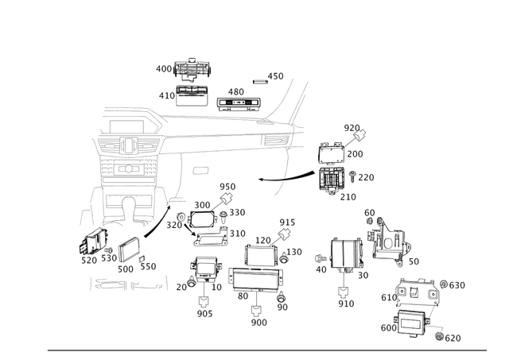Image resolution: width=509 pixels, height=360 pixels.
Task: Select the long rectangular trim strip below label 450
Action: [236, 103]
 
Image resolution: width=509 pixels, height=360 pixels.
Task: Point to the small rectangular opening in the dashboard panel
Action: [202, 169]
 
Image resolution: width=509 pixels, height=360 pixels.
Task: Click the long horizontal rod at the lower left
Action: [127, 285]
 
